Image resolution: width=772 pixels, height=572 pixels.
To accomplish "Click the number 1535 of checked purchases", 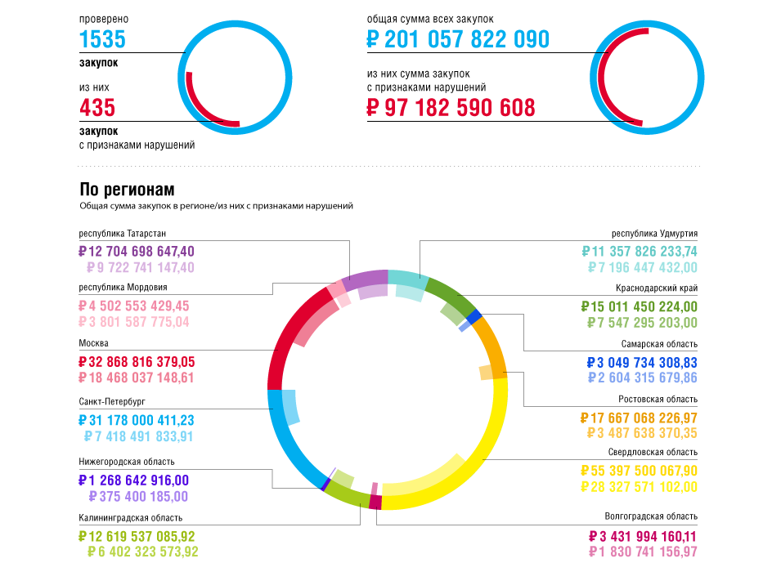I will (x=102, y=39).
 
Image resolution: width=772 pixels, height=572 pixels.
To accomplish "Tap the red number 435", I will (x=97, y=107).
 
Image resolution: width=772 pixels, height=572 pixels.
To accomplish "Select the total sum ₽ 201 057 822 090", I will (x=458, y=39).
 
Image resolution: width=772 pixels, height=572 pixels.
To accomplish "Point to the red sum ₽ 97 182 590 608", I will (x=451, y=107).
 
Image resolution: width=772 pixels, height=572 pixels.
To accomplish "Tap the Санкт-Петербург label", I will (x=112, y=402).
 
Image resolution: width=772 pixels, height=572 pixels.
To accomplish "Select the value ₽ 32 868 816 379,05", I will (x=137, y=361).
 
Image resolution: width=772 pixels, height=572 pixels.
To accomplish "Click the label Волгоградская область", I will (x=651, y=516).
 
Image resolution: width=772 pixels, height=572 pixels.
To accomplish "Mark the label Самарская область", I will (x=659, y=344).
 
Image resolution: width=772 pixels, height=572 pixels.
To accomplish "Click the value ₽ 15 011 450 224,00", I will (x=639, y=306).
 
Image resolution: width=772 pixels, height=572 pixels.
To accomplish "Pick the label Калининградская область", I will (x=131, y=517).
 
